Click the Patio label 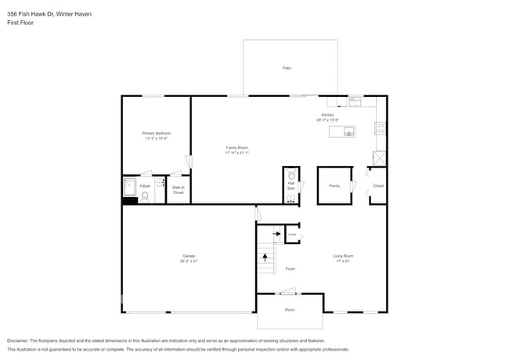[287, 69]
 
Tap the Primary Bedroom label [156, 134]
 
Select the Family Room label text [237, 147]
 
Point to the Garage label [189, 256]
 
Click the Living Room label [343, 256]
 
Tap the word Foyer [290, 268]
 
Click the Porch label [290, 310]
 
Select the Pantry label [334, 185]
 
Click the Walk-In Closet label [178, 190]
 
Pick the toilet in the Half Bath [291, 175]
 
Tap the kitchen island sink [348, 131]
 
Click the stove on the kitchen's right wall [381, 128]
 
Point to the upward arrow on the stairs [265, 255]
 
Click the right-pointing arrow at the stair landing [276, 233]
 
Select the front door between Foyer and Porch [289, 293]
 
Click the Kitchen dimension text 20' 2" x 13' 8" [327, 121]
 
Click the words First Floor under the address [21, 23]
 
